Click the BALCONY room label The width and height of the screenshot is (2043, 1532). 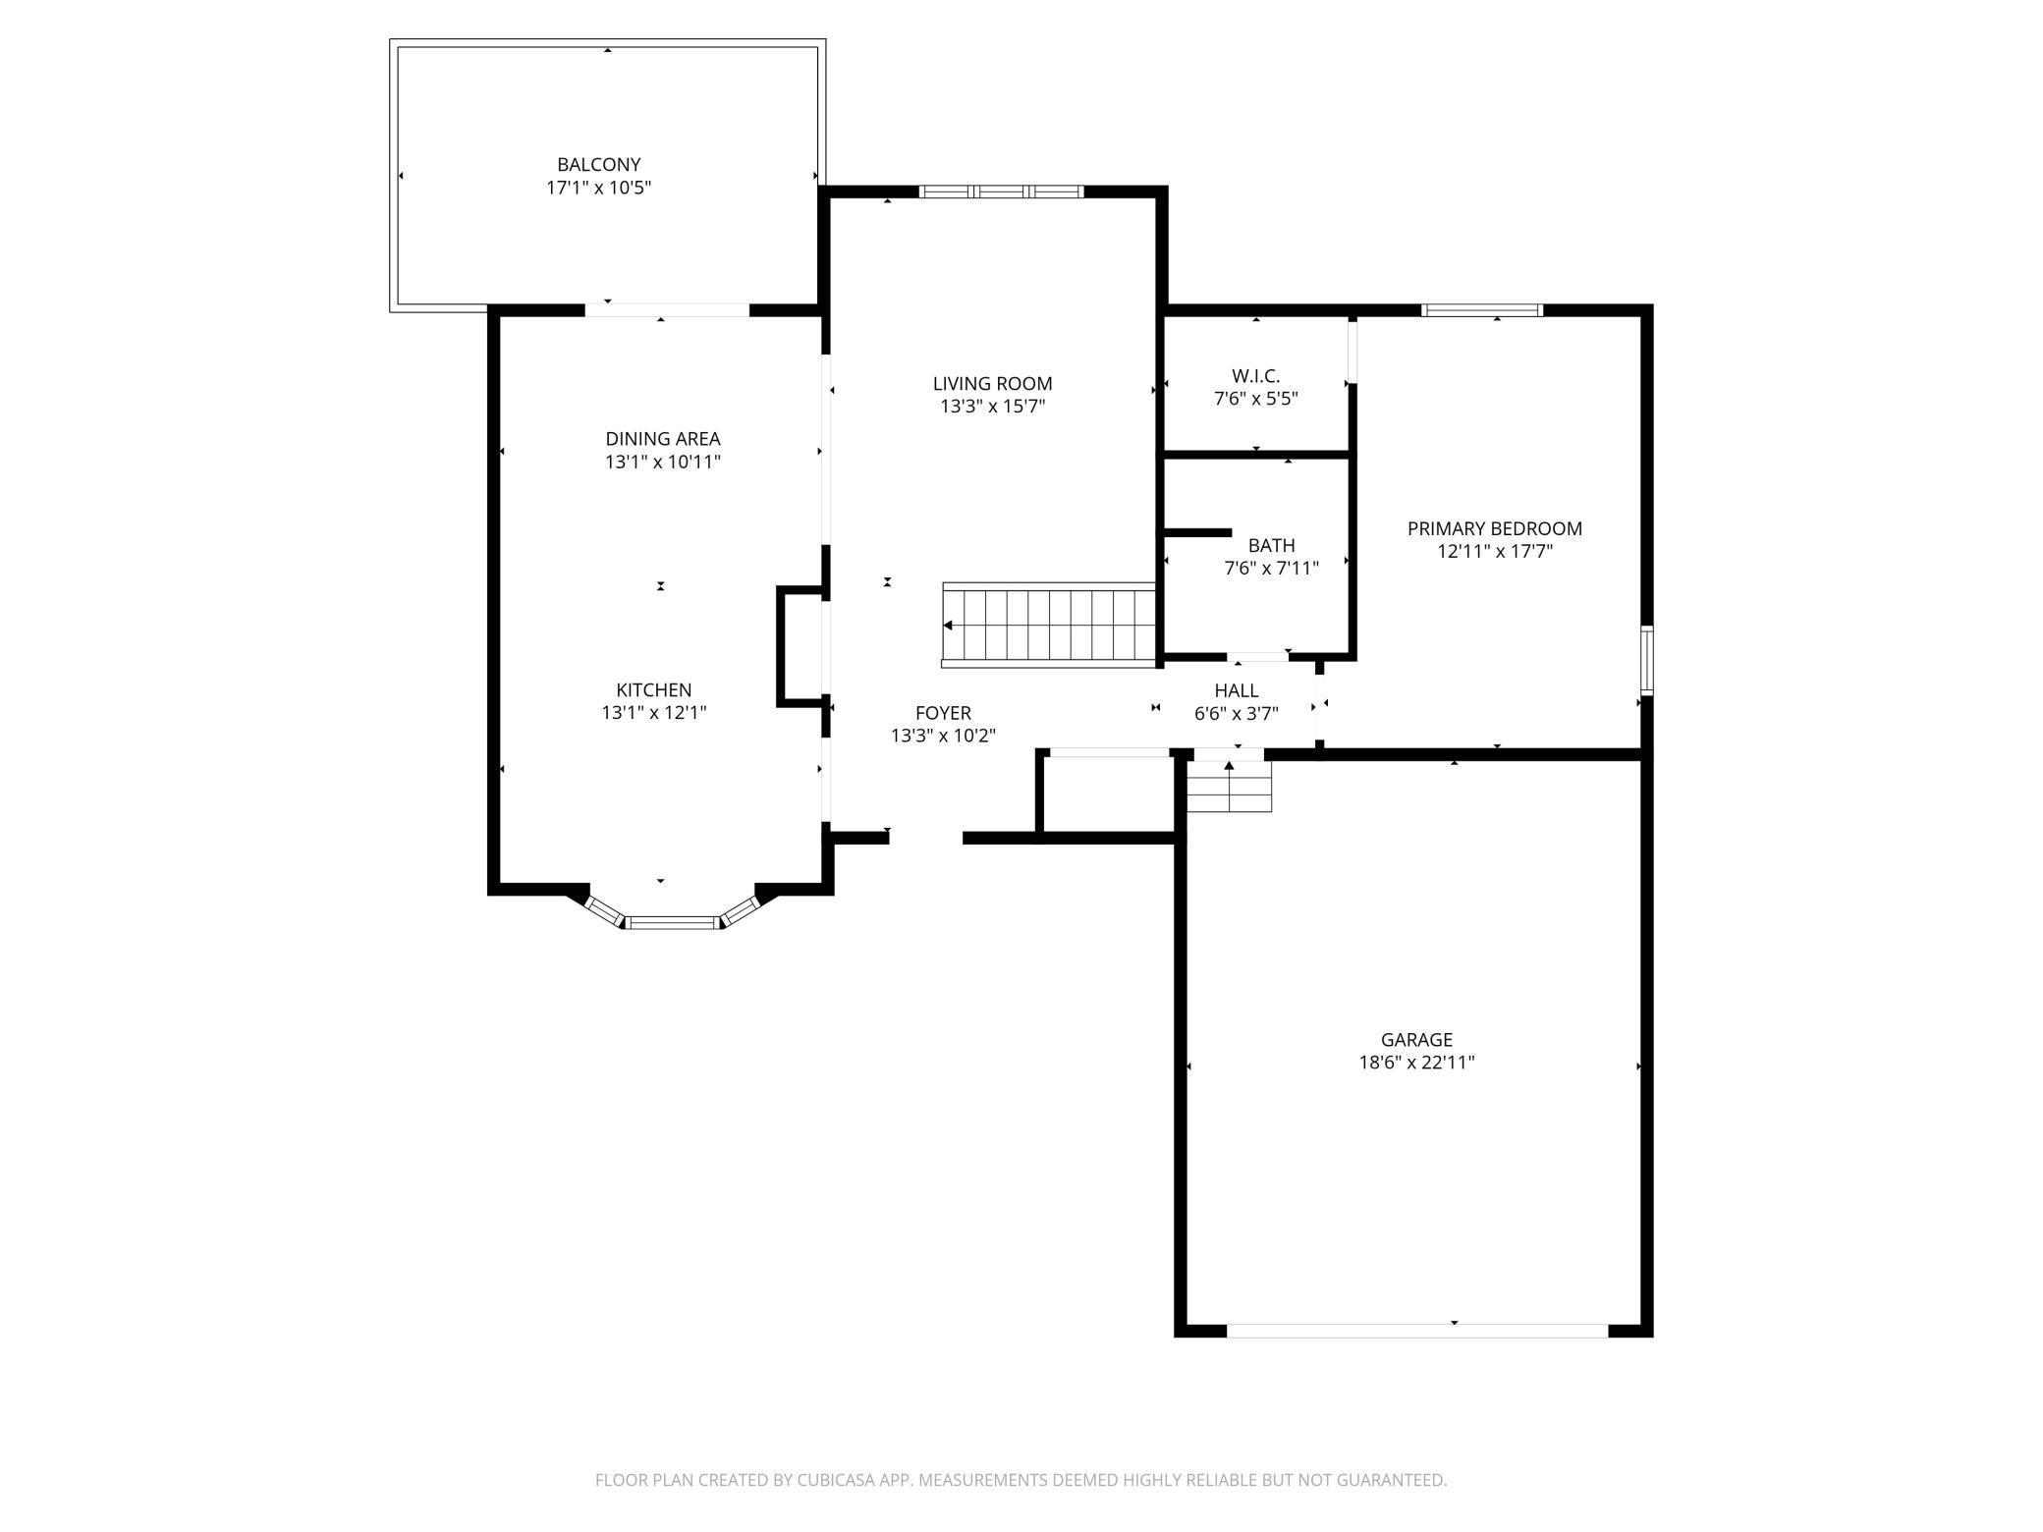tap(598, 165)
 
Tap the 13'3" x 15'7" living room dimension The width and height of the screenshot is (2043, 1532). tap(992, 407)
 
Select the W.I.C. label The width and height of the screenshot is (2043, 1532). tap(1255, 376)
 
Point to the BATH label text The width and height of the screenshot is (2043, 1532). tap(1271, 545)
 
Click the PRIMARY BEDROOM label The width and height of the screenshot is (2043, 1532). tap(1494, 528)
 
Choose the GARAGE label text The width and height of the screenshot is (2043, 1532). tap(1415, 1039)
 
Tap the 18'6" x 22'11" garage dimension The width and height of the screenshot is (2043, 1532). tap(1416, 1062)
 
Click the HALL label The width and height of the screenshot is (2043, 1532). tap(1236, 690)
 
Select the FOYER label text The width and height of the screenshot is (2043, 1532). tap(943, 713)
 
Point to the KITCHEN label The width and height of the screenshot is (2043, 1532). tap(653, 689)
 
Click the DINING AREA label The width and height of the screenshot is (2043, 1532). tap(662, 439)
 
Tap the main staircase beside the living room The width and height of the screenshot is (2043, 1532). tap(1049, 626)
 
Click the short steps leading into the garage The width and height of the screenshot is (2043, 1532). tap(1229, 787)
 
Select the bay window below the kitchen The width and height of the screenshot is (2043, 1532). tap(674, 921)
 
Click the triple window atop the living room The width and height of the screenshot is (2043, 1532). tap(1001, 191)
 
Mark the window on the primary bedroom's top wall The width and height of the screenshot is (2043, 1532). tap(1481, 310)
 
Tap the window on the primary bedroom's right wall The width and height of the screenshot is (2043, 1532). tap(1646, 660)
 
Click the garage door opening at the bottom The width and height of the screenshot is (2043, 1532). tap(1416, 1331)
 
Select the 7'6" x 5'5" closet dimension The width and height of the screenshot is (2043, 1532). tap(1255, 399)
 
